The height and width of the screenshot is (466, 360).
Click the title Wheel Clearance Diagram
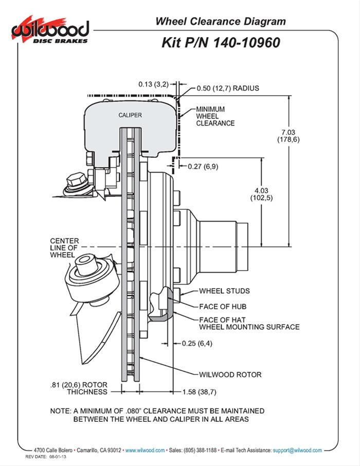pos(221,22)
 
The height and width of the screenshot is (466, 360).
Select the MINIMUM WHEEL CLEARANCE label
pos(215,116)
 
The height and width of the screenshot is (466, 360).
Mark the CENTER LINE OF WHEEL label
pos(64,248)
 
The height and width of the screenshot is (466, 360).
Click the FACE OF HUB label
pos(220,307)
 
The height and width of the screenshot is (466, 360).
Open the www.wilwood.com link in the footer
pos(145,450)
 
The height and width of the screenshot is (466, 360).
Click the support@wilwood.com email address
pos(297,450)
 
